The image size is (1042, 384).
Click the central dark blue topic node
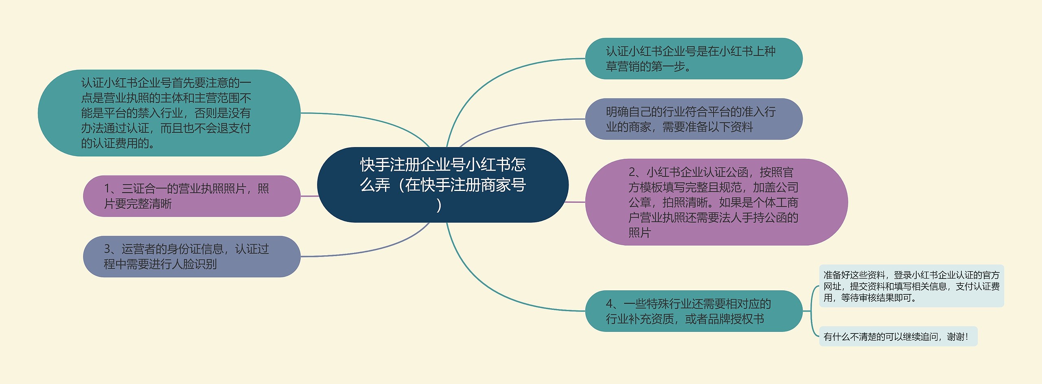(442, 184)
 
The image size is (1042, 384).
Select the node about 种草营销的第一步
(694, 59)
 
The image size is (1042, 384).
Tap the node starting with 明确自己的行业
(694, 119)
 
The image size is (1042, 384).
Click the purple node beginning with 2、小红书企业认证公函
(716, 202)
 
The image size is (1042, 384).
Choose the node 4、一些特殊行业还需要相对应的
(694, 311)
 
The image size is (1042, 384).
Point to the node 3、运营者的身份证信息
(191, 257)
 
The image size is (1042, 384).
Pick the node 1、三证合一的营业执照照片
(191, 196)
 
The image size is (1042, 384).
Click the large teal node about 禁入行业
(169, 113)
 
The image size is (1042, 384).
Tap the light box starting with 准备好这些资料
(911, 286)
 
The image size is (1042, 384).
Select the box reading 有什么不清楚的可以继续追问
(898, 336)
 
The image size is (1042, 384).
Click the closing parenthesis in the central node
(439, 205)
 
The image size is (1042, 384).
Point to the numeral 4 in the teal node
(609, 304)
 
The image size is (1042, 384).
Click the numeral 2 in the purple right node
(632, 172)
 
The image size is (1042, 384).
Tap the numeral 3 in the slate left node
(107, 249)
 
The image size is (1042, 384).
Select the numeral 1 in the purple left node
(107, 189)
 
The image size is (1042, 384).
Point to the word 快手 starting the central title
(375, 165)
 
